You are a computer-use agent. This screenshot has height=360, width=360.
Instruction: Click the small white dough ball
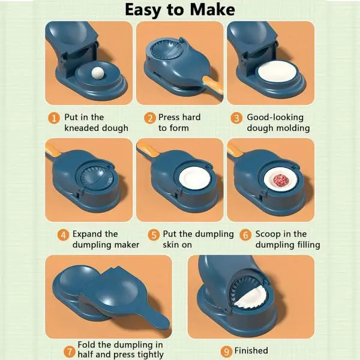coord(98,73)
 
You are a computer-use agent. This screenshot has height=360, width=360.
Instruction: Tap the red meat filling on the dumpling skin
coord(279,180)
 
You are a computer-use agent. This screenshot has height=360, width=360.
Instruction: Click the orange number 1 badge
coord(54,118)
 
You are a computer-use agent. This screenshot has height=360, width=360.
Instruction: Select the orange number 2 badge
coord(150,118)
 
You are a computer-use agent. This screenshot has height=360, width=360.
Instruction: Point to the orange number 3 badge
coord(236,118)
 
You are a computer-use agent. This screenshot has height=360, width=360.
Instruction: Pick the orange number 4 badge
coord(64,235)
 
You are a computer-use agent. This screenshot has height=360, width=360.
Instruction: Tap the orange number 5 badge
coord(154,235)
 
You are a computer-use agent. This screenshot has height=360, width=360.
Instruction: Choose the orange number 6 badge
coord(245,235)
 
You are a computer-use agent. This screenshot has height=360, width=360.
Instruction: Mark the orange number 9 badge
coord(226,352)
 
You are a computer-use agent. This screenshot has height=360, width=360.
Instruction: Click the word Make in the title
coord(212,10)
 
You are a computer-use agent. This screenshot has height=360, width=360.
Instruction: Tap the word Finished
coord(251,350)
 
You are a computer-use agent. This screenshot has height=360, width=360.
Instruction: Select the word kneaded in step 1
coord(82,128)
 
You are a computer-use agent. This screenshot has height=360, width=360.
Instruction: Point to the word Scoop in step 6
coord(268,235)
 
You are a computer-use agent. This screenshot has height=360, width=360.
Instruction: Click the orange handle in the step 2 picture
coord(212,86)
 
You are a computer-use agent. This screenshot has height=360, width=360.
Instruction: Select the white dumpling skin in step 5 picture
coord(194,178)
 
